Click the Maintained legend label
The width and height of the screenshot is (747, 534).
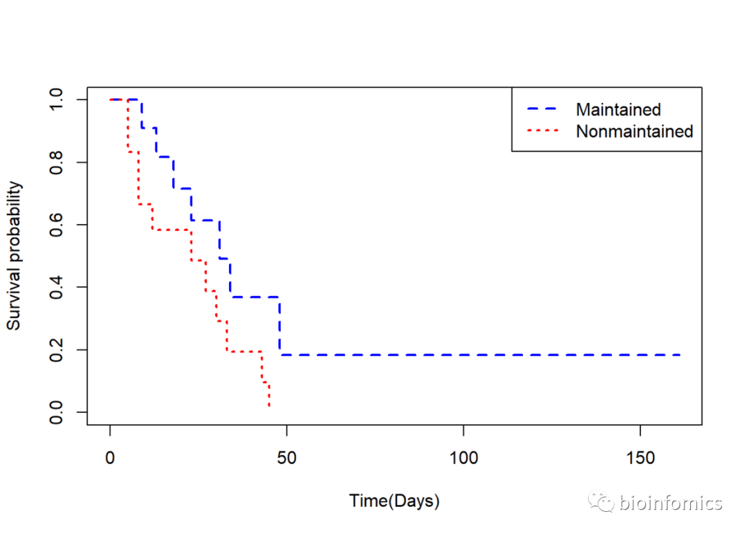pyautogui.click(x=618, y=109)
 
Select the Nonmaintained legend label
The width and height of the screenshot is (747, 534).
pyautogui.click(x=634, y=131)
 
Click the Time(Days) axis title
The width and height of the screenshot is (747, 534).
pyautogui.click(x=394, y=501)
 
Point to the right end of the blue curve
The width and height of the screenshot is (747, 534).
pyautogui.click(x=680, y=355)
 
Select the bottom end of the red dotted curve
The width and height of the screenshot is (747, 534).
pyautogui.click(x=269, y=406)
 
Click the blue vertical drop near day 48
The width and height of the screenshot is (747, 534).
pyautogui.click(x=279, y=325)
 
